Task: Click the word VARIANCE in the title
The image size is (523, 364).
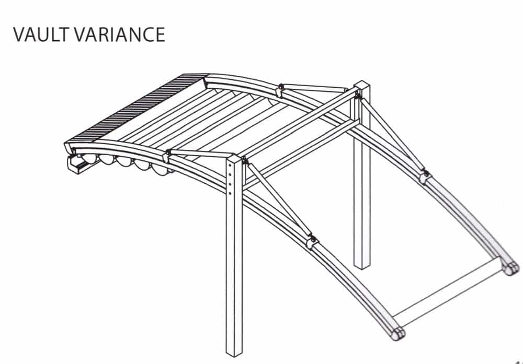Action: (x=120, y=34)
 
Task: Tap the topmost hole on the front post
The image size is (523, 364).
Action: (x=230, y=166)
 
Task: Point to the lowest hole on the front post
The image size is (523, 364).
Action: (x=230, y=193)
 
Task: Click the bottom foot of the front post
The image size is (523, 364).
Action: (x=234, y=353)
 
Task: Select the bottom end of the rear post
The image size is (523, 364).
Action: (x=362, y=266)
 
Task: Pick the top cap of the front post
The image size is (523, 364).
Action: (x=234, y=159)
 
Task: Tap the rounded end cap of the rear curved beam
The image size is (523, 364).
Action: (x=512, y=268)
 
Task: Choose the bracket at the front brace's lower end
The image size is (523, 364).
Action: (x=312, y=242)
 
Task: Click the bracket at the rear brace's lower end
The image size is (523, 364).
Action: (x=425, y=176)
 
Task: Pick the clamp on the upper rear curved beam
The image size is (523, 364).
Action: (x=280, y=90)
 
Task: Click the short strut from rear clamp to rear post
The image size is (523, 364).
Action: (x=315, y=88)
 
